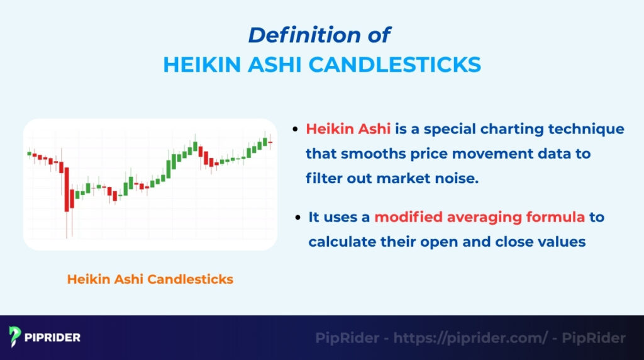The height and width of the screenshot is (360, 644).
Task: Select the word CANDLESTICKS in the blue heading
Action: click(x=405, y=64)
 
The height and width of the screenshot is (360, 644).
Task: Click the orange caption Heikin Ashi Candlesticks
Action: click(x=150, y=279)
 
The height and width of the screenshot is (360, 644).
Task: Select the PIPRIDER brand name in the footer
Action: click(x=53, y=337)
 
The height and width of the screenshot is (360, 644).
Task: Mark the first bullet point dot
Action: click(x=295, y=130)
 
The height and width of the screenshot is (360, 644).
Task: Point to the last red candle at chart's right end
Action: click(x=270, y=143)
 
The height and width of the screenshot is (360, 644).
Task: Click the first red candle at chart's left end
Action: click(x=28, y=153)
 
